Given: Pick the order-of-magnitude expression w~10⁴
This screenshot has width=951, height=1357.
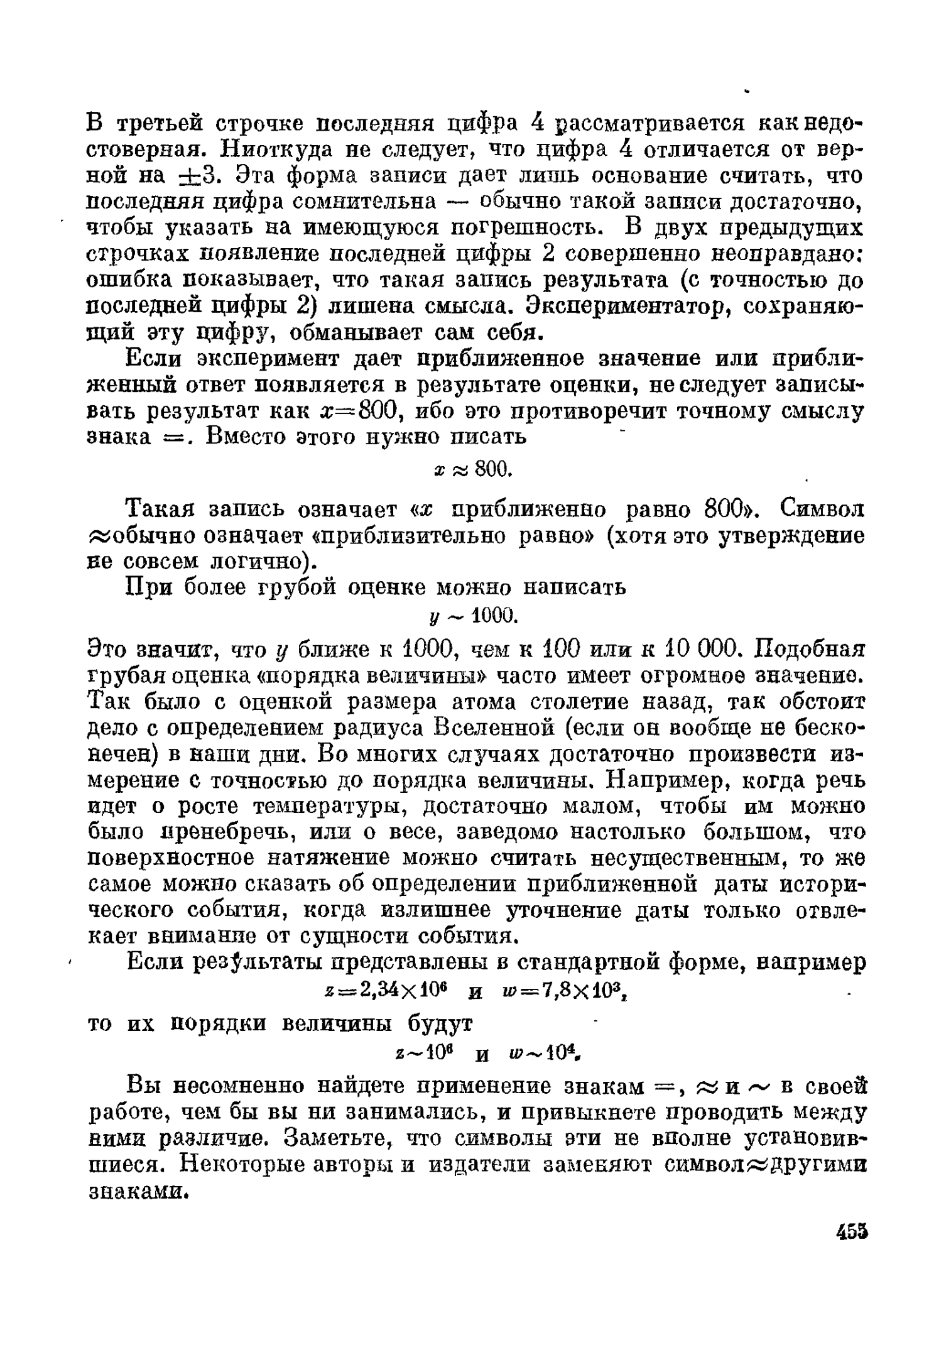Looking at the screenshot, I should tap(550, 1052).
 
